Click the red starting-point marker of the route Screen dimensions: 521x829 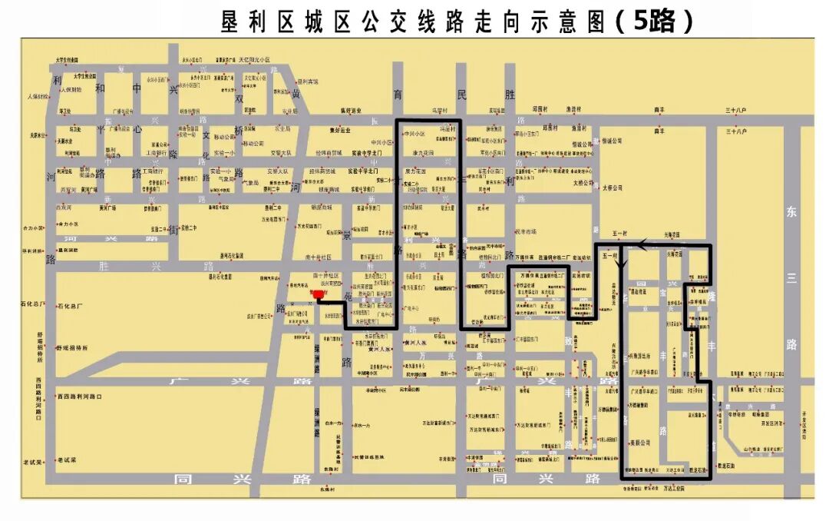(x=319, y=294)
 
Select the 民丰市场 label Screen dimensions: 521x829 (x=526, y=231)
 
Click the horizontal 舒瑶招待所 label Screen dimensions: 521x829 (x=72, y=347)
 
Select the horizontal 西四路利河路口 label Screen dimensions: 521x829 (x=80, y=397)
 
